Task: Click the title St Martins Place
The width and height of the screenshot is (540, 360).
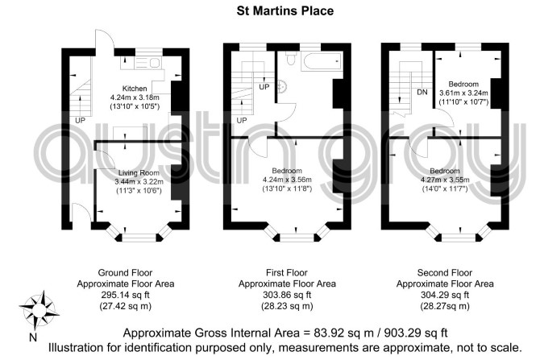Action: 285,10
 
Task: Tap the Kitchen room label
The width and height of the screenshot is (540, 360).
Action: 135,89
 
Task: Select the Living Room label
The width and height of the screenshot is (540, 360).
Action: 139,173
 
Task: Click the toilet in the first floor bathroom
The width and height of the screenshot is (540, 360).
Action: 291,59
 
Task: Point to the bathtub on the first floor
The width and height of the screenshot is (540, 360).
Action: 322,62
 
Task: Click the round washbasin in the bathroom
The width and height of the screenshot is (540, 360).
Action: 281,86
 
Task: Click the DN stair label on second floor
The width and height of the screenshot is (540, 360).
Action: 422,92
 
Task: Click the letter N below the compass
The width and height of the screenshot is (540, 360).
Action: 33,337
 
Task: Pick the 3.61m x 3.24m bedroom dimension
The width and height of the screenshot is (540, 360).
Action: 463,93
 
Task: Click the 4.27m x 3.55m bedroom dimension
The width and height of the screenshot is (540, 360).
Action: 445,180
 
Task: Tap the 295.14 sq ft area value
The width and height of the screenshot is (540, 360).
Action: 126,295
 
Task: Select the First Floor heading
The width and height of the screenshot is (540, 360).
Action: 287,273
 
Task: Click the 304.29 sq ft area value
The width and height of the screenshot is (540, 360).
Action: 445,295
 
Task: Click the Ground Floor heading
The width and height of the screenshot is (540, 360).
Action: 126,273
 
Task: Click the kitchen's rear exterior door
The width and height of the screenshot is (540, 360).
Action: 104,43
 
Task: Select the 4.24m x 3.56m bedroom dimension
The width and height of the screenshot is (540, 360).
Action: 287,180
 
